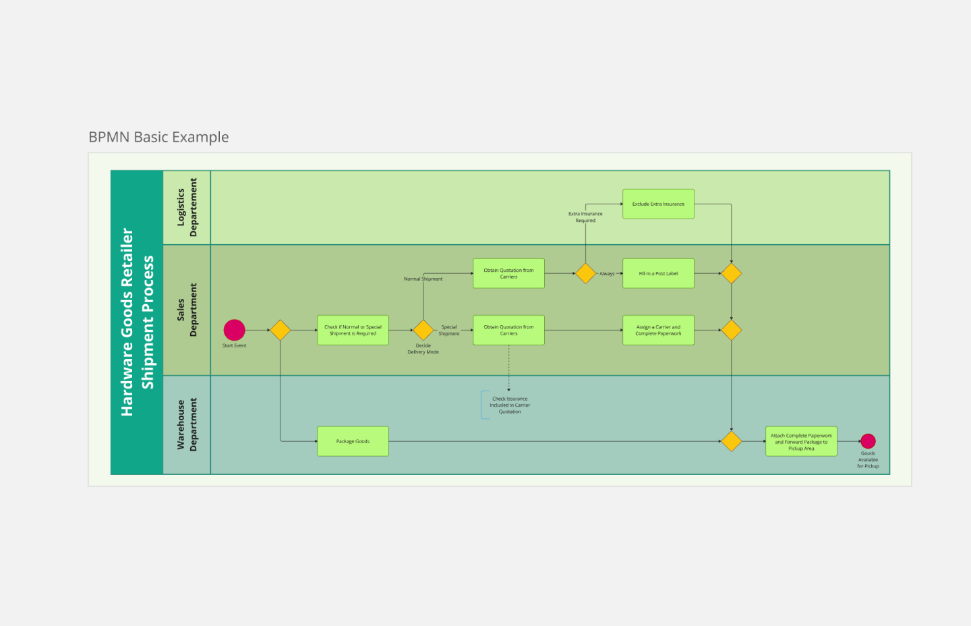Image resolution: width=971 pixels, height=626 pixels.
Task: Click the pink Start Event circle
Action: coord(234,330)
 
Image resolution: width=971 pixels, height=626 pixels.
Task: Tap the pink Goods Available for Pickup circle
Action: coord(868,441)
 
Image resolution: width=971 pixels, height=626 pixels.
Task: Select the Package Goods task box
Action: coord(353,441)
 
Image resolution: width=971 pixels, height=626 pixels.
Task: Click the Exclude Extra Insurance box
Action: coord(658,204)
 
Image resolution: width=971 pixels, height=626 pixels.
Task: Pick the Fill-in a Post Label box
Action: coord(658,273)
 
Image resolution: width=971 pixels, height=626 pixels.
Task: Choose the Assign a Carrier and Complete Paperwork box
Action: coord(658,330)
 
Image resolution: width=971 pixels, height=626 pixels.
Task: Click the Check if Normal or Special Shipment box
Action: coord(353,330)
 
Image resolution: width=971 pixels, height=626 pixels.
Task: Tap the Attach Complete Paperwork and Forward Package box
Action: coord(801,441)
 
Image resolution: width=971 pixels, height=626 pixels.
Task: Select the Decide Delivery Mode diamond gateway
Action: coord(423,330)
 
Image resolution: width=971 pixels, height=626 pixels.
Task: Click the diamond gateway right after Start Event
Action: coord(280,330)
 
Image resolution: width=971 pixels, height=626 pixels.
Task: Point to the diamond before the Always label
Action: coord(585,273)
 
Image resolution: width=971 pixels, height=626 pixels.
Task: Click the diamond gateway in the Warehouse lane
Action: coord(731,441)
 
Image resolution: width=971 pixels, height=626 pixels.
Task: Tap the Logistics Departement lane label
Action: coord(187,207)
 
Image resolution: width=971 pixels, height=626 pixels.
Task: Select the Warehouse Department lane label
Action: coord(187,424)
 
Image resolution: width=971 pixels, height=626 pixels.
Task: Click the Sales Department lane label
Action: coord(187,310)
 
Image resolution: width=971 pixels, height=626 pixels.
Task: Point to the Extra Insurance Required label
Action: coord(585,217)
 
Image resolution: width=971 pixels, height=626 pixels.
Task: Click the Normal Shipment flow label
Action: coord(423,279)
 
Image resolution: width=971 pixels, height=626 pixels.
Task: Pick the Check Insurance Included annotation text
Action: coord(510,405)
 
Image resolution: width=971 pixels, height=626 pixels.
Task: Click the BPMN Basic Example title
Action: coord(158,137)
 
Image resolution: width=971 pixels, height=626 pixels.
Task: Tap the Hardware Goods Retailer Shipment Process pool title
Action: coord(137,322)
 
